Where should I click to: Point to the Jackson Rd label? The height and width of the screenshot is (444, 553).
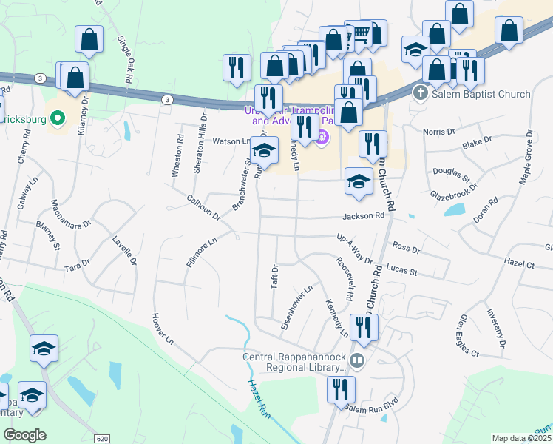(364, 216)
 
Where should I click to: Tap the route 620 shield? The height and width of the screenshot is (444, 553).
(103, 438)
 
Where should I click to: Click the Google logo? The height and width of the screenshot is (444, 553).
(24, 435)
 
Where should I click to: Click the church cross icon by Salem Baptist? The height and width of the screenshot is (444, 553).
(420, 94)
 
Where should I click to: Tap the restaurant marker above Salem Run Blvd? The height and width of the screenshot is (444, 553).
(341, 390)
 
